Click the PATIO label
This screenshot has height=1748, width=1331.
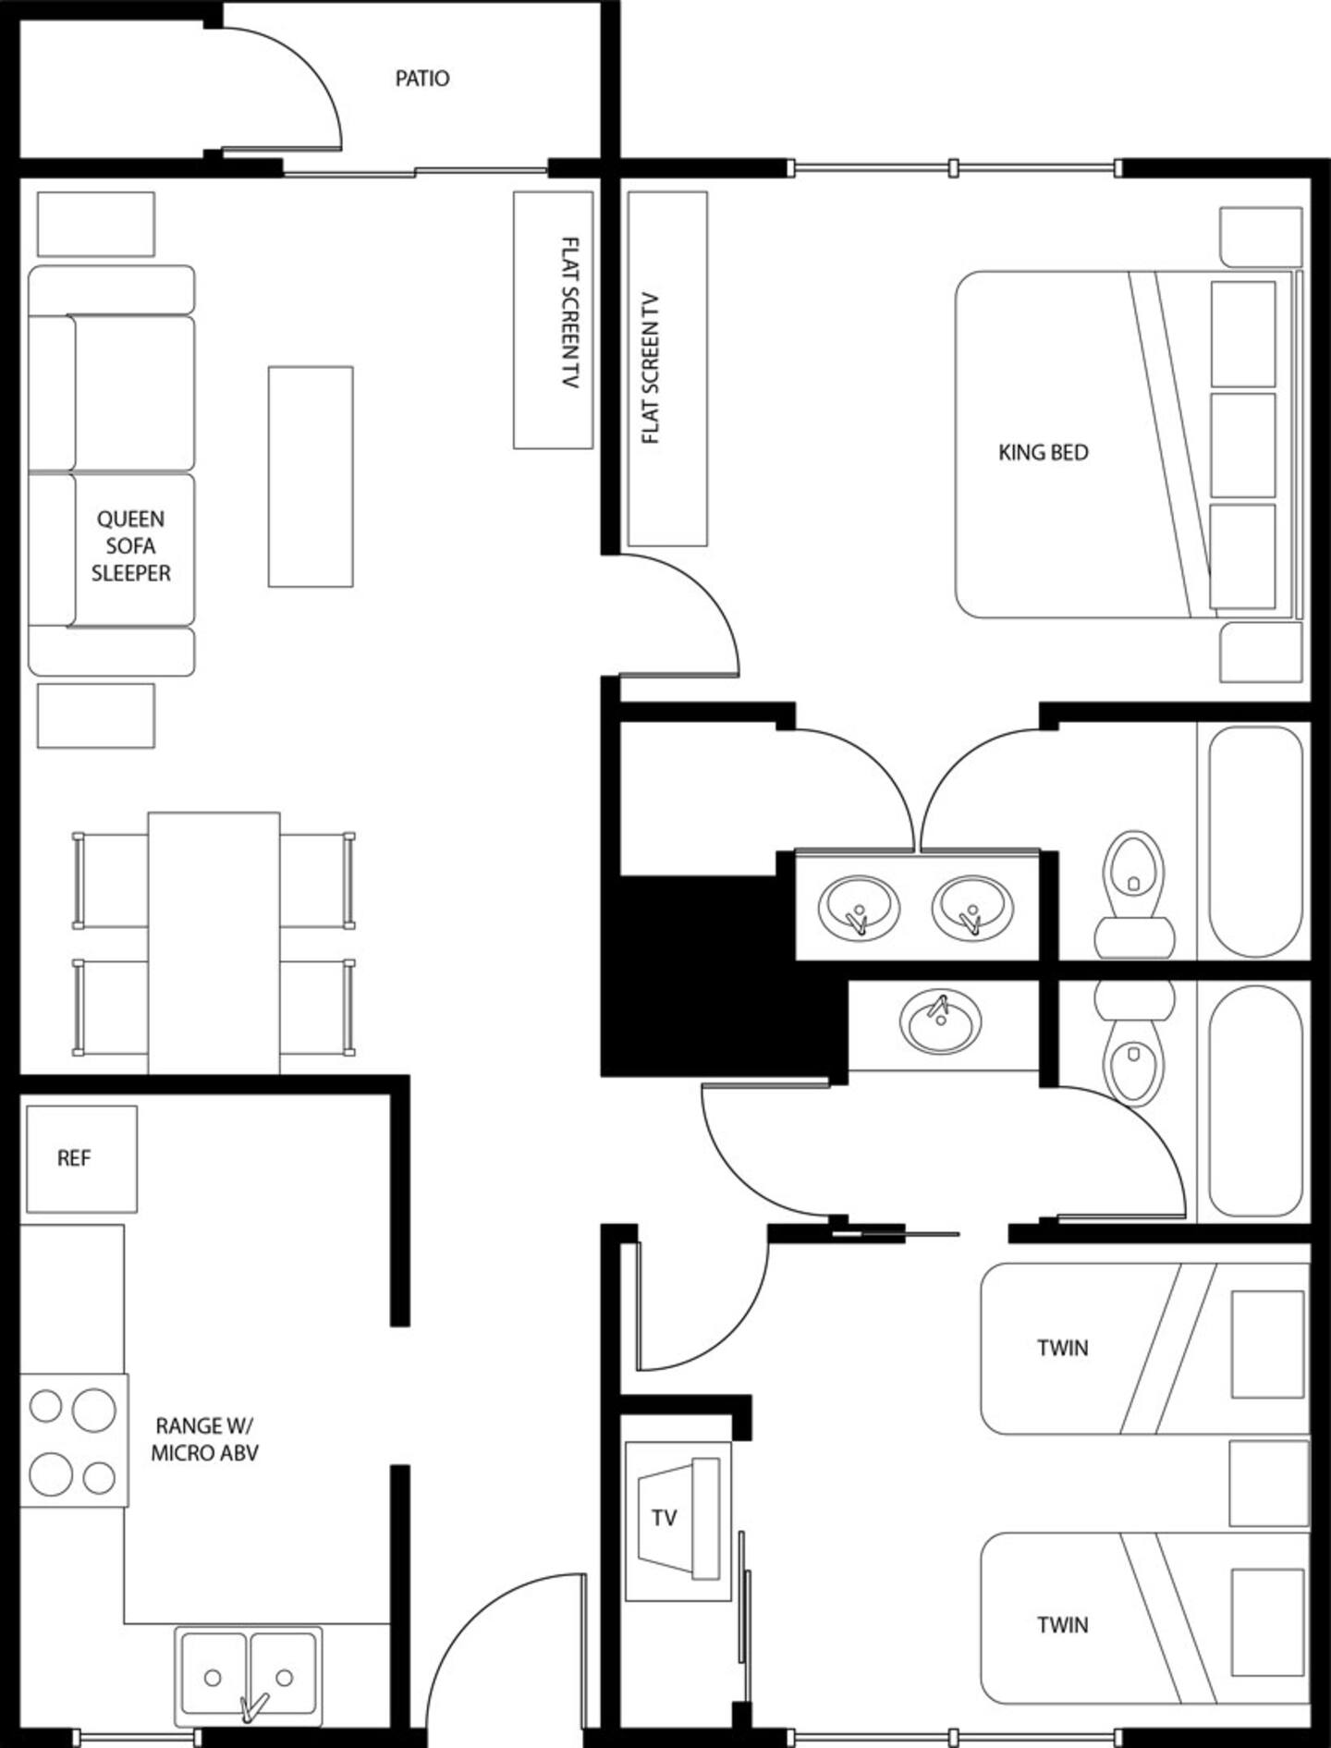(x=422, y=79)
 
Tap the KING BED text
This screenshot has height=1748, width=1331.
(x=1044, y=453)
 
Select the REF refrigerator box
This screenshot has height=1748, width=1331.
(x=82, y=1159)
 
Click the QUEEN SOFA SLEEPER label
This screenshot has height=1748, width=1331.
(x=131, y=546)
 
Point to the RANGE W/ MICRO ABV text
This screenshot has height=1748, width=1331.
(x=204, y=1439)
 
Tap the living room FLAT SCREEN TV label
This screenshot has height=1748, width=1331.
(x=571, y=312)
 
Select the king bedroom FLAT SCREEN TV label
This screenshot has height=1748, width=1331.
(x=651, y=368)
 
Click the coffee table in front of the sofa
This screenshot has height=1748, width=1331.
(x=311, y=477)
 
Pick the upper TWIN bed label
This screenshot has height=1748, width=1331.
(x=1063, y=1348)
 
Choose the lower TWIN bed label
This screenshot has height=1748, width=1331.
(x=1063, y=1624)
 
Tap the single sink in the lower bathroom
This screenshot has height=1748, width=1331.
(x=941, y=1022)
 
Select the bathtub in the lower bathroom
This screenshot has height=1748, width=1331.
(x=1256, y=1100)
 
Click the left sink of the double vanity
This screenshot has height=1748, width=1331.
(x=859, y=907)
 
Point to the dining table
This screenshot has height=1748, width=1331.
(x=214, y=943)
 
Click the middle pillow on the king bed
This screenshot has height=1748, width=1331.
(x=1243, y=446)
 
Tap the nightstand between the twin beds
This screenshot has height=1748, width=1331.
(x=1269, y=1483)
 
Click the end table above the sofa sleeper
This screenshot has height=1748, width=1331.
(x=96, y=224)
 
